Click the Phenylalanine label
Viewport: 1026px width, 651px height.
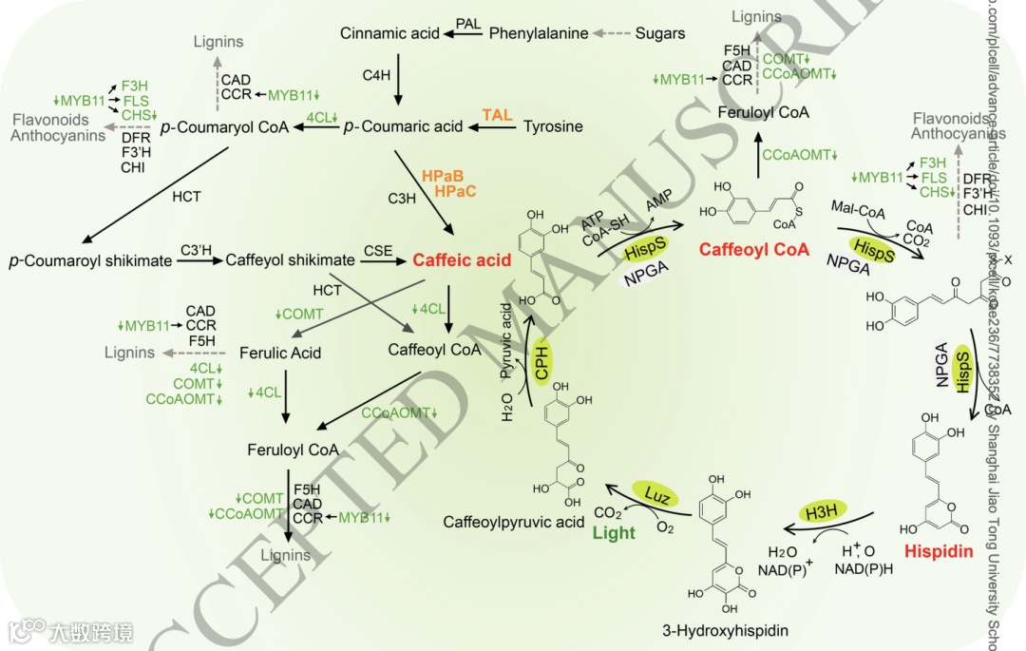click(539, 33)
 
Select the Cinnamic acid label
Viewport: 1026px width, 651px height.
click(389, 33)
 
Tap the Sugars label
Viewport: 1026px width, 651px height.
click(659, 33)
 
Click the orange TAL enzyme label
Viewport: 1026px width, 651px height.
click(497, 115)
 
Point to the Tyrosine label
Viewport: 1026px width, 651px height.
click(553, 126)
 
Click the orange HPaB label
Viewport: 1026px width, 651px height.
click(443, 176)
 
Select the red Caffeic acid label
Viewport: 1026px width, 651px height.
click(462, 259)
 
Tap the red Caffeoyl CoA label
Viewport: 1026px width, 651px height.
click(754, 250)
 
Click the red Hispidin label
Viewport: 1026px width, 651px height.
click(939, 550)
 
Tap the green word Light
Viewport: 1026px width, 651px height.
click(614, 532)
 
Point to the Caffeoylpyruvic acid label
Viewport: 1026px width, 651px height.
click(514, 522)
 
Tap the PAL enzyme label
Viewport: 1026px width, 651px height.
click(467, 22)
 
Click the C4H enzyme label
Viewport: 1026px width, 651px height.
click(376, 73)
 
